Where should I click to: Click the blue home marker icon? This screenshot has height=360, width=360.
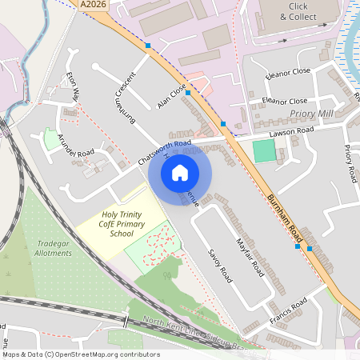click(180, 172)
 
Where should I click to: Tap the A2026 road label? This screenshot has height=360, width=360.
click(94, 5)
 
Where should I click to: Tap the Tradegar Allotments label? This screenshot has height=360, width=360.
click(54, 249)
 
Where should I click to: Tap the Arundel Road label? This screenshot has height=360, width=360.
click(76, 142)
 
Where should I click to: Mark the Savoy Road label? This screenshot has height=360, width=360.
click(219, 265)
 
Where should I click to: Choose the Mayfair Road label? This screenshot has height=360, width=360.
click(251, 259)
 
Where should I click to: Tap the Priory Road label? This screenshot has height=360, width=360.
click(349, 163)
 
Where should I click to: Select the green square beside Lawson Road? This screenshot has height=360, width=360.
click(263, 150)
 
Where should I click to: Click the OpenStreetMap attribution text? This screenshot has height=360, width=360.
click(80, 354)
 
